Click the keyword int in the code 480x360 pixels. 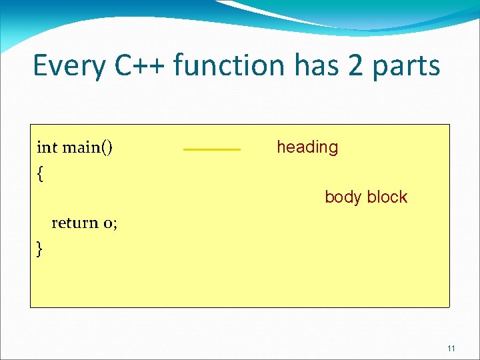(47, 147)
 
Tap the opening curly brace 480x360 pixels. (41, 174)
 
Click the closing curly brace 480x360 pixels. (40, 249)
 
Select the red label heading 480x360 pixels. (307, 147)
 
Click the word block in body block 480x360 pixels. (387, 197)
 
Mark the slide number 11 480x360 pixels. (451, 349)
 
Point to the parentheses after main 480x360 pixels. (107, 147)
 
